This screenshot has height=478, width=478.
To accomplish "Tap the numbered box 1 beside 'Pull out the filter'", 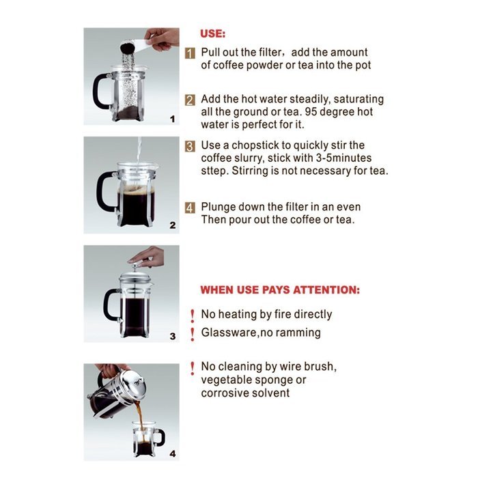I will tap(191, 53).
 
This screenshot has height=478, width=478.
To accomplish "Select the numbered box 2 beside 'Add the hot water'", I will tap(191, 100).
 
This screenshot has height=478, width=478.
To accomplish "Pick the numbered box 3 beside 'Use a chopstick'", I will tap(191, 146).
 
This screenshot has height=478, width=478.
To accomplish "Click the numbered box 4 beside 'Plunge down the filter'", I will tap(191, 208).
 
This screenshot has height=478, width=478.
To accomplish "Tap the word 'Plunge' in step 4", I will tap(219, 207).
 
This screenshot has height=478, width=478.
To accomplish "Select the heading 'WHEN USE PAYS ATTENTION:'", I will tap(279, 290).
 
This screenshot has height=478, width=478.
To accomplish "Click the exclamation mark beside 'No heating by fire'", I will tap(193, 315).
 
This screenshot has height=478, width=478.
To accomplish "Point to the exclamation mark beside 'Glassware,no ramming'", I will tap(193, 333).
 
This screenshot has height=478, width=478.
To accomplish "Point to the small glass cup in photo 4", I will tap(146, 439).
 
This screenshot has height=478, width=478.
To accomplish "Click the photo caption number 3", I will tap(172, 336).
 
